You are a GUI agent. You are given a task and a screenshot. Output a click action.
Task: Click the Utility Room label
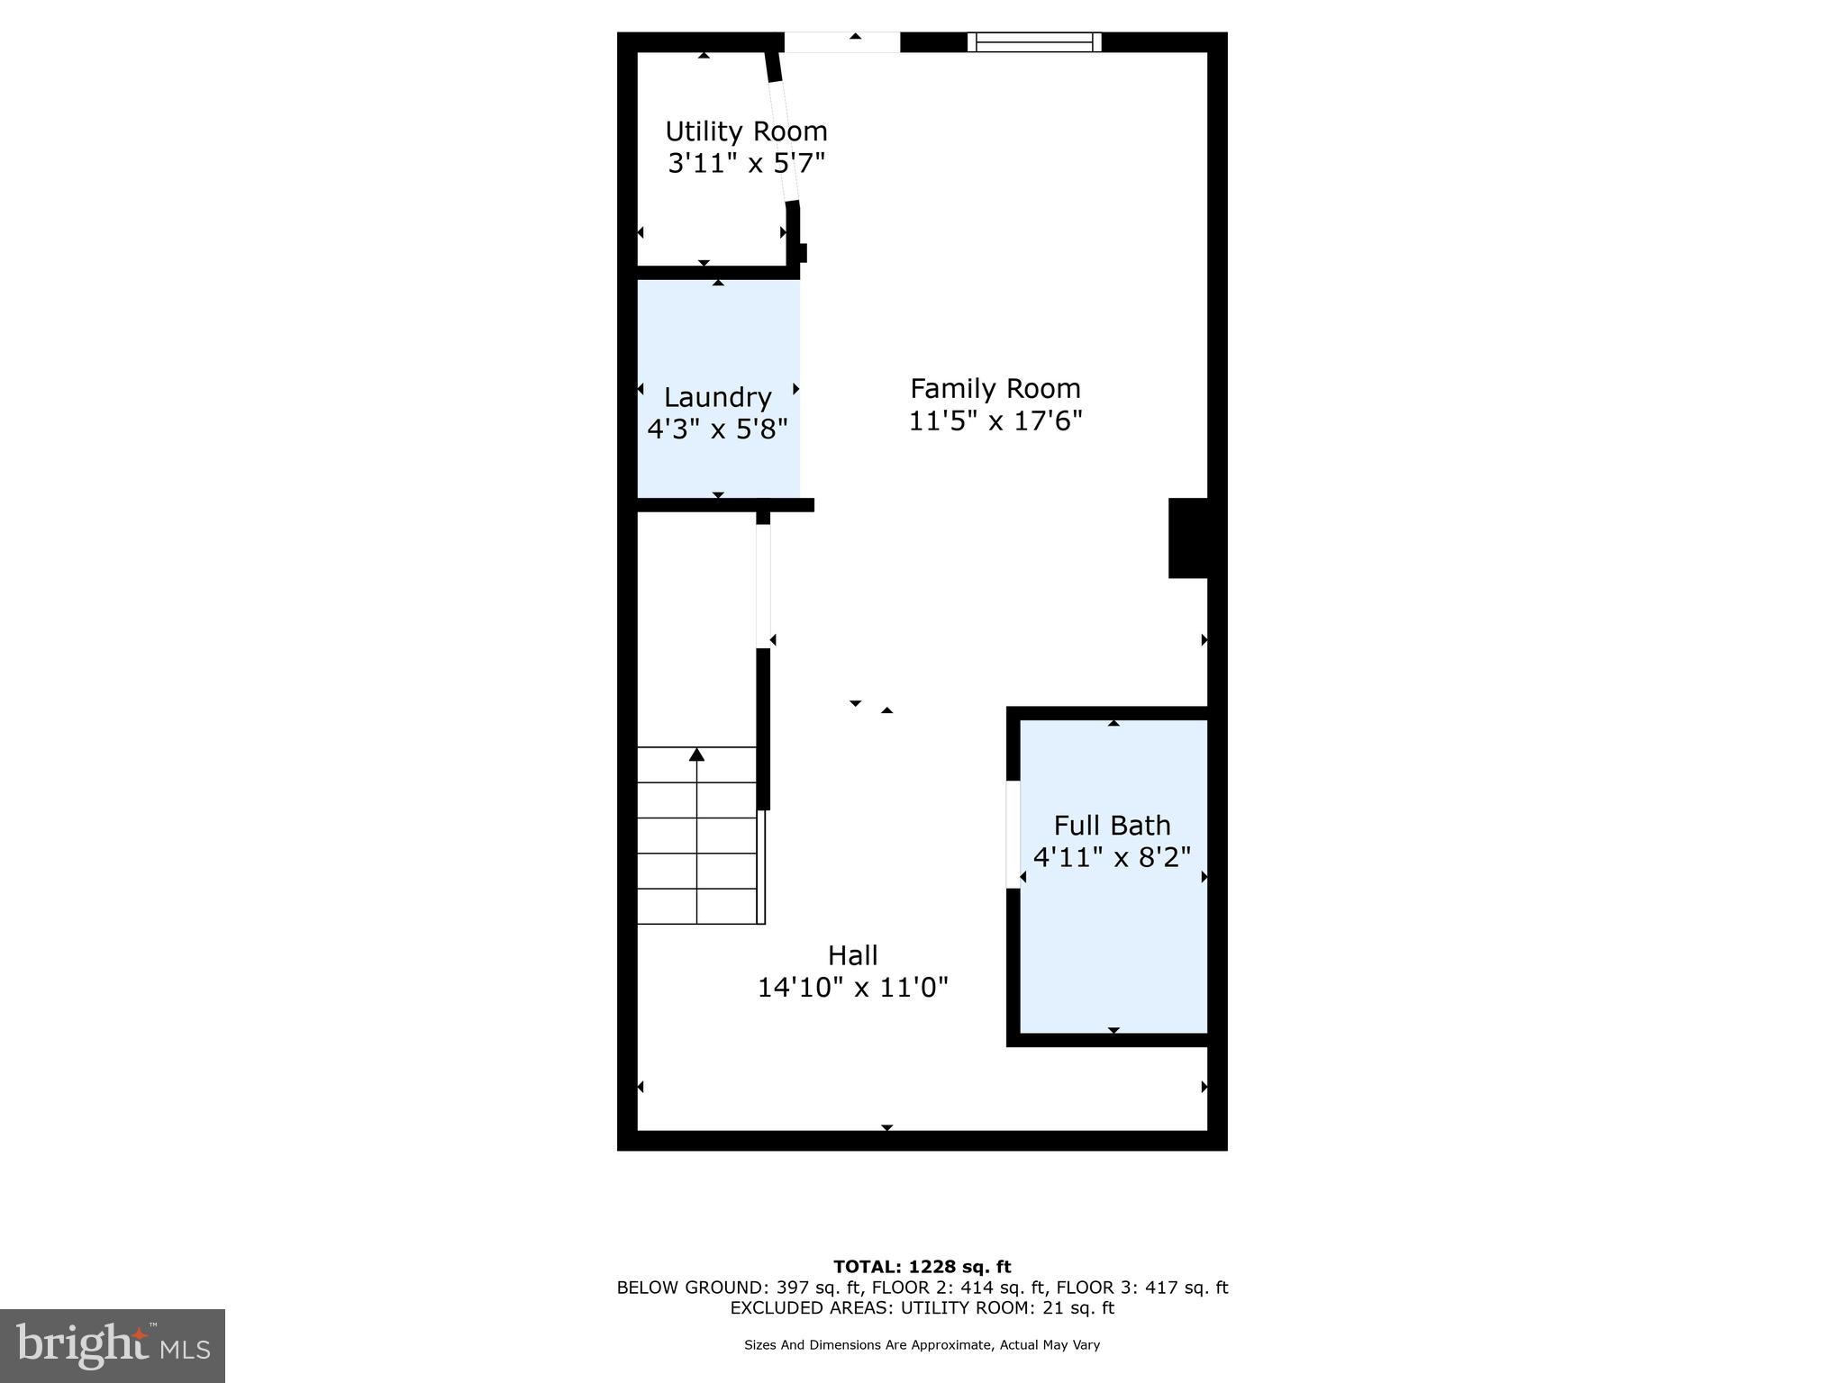click(746, 131)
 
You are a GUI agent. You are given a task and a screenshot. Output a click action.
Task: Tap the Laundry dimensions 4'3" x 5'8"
click(717, 429)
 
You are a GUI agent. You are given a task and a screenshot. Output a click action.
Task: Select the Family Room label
click(995, 389)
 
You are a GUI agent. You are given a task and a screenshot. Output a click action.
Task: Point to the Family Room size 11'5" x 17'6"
click(995, 421)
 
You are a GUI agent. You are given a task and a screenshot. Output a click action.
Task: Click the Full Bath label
click(1112, 826)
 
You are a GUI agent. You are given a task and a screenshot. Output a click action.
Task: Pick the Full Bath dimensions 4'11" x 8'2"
click(1112, 857)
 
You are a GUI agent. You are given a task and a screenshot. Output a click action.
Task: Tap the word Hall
click(852, 955)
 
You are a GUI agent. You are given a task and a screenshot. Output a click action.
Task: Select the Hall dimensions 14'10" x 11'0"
click(852, 988)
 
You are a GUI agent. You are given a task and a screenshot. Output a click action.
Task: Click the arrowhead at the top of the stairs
click(696, 755)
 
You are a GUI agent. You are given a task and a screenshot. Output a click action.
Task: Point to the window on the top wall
click(1034, 41)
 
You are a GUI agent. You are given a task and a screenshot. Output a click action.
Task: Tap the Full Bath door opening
click(1013, 835)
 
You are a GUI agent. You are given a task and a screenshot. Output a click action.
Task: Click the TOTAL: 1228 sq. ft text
click(922, 1267)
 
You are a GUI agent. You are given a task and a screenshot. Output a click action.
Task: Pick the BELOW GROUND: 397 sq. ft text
click(740, 1288)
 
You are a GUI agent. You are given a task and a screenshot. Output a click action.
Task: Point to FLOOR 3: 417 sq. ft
click(1141, 1288)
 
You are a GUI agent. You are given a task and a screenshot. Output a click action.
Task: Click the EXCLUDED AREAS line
click(922, 1308)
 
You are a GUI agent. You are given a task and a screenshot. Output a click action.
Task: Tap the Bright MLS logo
click(113, 1346)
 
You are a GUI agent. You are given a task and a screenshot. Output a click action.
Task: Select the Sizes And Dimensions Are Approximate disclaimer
click(922, 1345)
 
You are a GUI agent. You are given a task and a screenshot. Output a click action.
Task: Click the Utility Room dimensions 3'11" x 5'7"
click(746, 164)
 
